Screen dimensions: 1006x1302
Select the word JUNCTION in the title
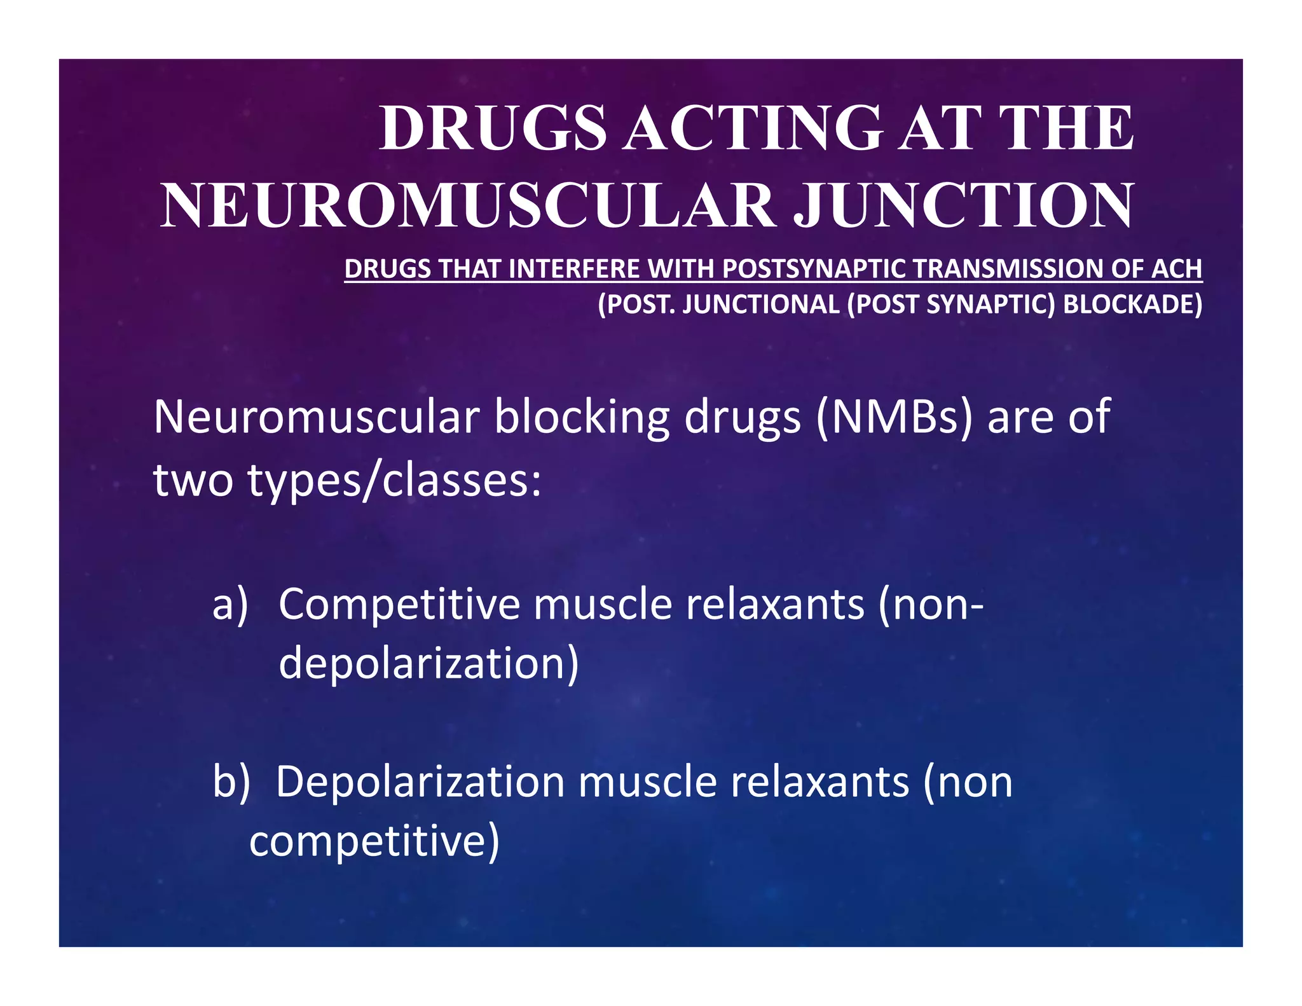pyautogui.click(x=963, y=206)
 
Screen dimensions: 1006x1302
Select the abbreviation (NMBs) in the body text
pyautogui.click(x=894, y=418)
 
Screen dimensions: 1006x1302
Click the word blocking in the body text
pyautogui.click(x=582, y=418)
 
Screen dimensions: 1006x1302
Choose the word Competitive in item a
pyautogui.click(x=399, y=604)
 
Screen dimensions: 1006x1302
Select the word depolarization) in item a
pyautogui.click(x=429, y=663)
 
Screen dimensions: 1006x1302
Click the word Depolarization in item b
pyautogui.click(x=420, y=782)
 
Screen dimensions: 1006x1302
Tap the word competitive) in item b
pyautogui.click(x=374, y=841)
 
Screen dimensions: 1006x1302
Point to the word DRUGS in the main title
pyautogui.click(x=493, y=128)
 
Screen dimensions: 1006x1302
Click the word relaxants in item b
pyautogui.click(x=820, y=782)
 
